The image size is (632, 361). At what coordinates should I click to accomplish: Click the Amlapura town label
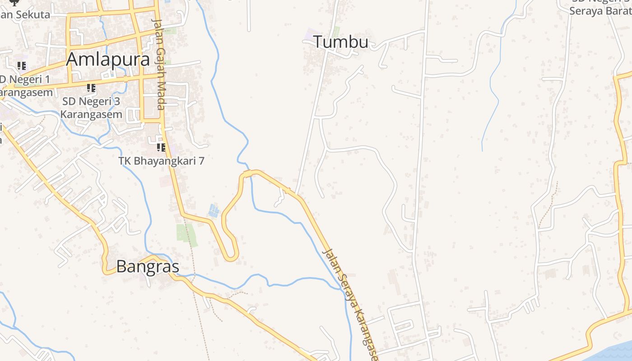(108, 59)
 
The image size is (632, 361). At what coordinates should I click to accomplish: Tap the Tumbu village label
(341, 42)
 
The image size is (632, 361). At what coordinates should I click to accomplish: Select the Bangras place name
(148, 267)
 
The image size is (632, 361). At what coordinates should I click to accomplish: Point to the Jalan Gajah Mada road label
(158, 64)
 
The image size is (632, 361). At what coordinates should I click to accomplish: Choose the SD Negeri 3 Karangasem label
(91, 108)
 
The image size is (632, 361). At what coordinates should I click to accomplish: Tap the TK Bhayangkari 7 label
(161, 161)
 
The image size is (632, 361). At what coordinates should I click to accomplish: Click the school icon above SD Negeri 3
(91, 88)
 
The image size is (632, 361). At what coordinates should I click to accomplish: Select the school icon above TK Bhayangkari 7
(161, 147)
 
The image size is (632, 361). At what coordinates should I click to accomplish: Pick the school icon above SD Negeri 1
(21, 66)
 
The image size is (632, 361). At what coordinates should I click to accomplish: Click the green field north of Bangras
(186, 234)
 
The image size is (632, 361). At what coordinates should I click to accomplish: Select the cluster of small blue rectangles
(214, 211)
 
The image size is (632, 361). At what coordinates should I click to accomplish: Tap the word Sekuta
(33, 14)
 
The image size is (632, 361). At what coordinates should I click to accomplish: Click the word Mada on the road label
(159, 96)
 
